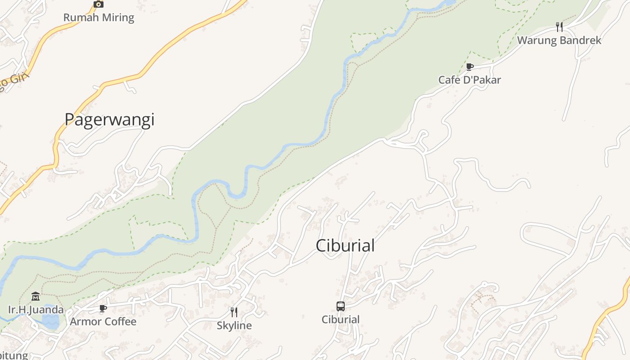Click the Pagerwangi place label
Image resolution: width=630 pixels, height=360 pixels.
pos(109,119)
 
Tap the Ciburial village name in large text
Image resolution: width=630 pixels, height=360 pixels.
pos(345,246)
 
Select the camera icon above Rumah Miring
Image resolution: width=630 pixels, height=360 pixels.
pos(99,4)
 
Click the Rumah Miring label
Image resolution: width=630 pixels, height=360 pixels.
pos(99,18)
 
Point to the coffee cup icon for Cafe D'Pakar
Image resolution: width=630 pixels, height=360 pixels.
pos(470,67)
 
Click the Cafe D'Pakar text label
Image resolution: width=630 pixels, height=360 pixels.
pos(470,80)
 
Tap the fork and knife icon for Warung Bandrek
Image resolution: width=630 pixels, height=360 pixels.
pos(559,27)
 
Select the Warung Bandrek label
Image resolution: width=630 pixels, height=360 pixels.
pos(559,40)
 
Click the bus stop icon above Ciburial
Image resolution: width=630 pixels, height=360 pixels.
pos(341,306)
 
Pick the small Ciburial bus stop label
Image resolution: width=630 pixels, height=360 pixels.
pos(341,319)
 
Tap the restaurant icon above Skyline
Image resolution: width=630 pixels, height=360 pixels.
pos(234,312)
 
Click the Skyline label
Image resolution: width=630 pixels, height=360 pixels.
pos(234,325)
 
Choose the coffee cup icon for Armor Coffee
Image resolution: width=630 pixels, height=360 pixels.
pos(103,309)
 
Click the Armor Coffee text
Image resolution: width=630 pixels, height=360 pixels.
pos(103,322)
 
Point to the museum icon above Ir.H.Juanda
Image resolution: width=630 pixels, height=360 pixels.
pos(36,297)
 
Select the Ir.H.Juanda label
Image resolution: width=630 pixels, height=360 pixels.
pos(36,310)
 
